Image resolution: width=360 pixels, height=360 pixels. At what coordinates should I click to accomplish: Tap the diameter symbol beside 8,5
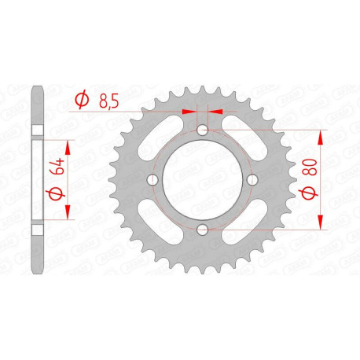coord(80,99)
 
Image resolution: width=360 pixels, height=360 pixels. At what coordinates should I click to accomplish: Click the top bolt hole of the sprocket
coord(202,130)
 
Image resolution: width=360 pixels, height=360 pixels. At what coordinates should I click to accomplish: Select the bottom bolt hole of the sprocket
coord(202,229)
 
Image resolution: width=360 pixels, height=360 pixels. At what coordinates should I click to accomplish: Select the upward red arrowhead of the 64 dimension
coord(67,146)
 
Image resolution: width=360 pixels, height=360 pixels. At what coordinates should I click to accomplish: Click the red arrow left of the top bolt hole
coord(189,112)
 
